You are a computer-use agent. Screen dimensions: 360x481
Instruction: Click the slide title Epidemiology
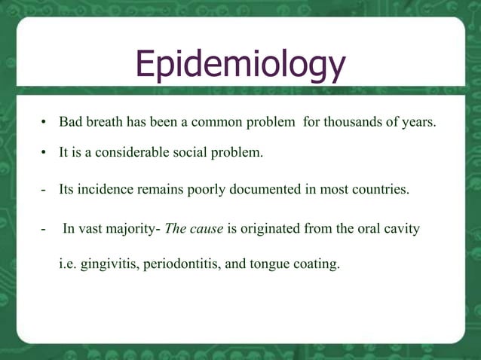tap(240, 66)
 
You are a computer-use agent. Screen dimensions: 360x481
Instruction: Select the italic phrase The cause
tap(194, 229)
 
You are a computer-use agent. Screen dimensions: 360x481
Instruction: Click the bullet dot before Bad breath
tap(44, 123)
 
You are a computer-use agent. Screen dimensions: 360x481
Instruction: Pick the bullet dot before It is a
tap(44, 154)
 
